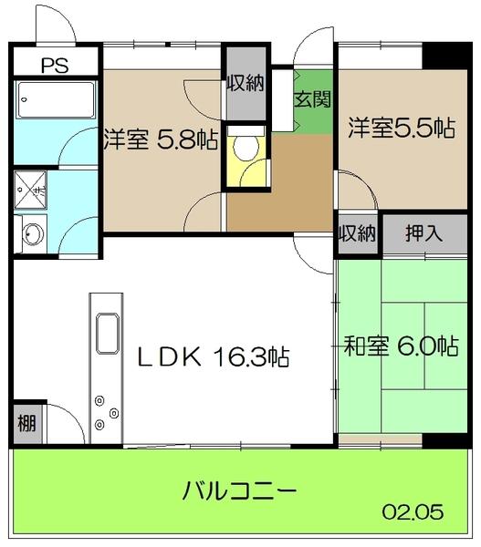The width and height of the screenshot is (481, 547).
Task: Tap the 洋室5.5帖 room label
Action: (x=400, y=129)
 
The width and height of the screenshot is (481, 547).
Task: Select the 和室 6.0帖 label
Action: (x=400, y=346)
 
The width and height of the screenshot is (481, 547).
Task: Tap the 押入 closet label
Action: (x=423, y=232)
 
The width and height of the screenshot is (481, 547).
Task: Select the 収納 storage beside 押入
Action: (x=358, y=232)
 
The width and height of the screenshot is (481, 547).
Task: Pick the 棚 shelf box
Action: (x=26, y=424)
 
